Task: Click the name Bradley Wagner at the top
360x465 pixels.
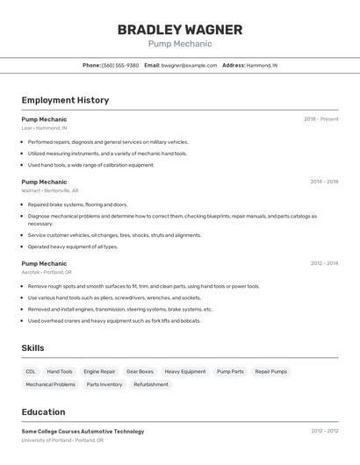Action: point(180,29)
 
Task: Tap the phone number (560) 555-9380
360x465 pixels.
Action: point(120,65)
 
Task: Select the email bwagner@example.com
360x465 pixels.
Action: point(189,65)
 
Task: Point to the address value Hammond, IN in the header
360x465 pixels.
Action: point(262,65)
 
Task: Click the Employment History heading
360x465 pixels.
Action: point(65,100)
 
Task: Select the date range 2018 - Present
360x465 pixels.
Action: point(320,119)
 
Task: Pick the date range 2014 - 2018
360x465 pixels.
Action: point(324,182)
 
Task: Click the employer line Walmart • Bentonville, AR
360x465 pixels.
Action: point(50,190)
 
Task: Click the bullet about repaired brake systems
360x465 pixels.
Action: point(77,204)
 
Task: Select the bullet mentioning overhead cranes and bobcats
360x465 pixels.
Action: point(114,320)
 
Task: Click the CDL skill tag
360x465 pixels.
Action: point(31,371)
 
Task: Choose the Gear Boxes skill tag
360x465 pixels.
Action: point(140,371)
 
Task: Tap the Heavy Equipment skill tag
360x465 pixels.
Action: point(185,371)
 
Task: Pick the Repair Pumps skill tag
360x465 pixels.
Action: point(270,371)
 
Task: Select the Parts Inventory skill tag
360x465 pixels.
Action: point(104,384)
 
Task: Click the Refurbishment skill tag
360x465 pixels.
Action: point(151,384)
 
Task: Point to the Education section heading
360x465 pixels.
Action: point(43,412)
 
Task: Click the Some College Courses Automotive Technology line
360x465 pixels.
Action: point(83,432)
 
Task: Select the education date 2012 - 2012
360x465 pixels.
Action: point(324,432)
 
